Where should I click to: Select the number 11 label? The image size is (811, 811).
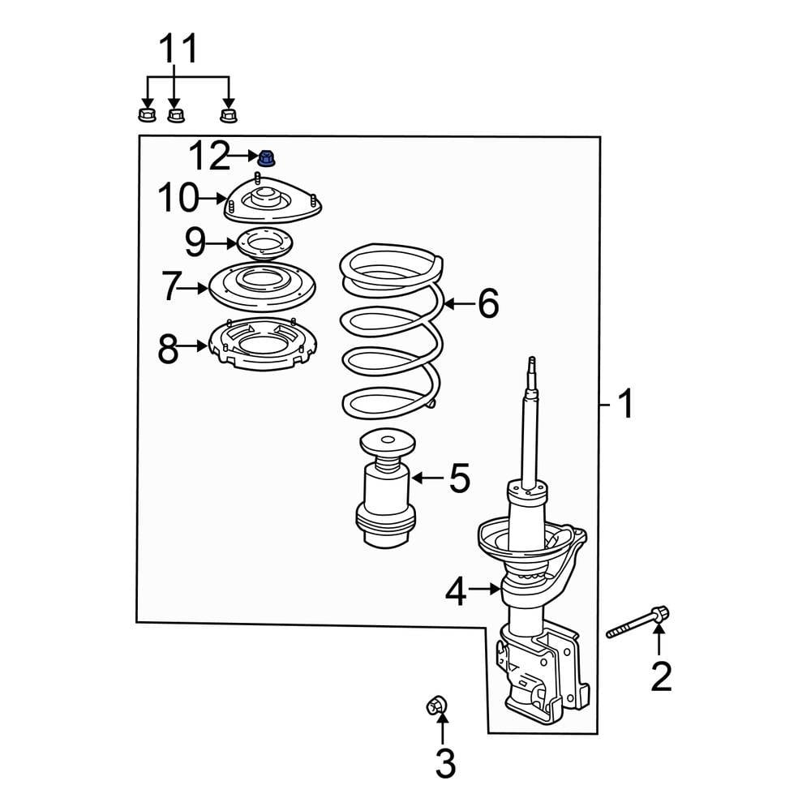tap(177, 50)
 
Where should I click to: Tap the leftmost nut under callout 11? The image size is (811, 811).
tap(146, 113)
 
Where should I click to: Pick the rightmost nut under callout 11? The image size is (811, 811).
tap(229, 114)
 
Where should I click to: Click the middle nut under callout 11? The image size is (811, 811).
tap(176, 114)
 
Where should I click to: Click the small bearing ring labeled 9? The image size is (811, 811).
tap(260, 242)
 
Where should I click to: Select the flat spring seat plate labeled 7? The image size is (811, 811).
tap(261, 286)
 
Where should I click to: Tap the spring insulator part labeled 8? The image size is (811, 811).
tap(261, 346)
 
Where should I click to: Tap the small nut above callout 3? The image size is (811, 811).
tap(437, 706)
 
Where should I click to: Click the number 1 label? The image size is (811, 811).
tap(624, 403)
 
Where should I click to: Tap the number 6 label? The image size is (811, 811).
tap(487, 304)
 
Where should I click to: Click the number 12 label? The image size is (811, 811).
tap(209, 156)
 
